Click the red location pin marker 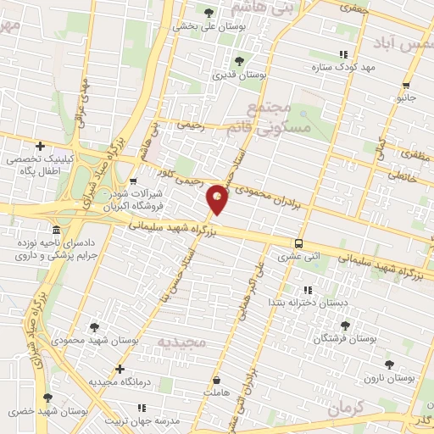pyautogui.click(x=219, y=198)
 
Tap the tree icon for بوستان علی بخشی pyautogui.click(x=209, y=12)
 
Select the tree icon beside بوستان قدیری pyautogui.click(x=239, y=60)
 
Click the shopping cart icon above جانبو pyautogui.click(x=408, y=85)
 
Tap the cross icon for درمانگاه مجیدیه pyautogui.click(x=120, y=369)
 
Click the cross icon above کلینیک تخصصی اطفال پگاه pyautogui.click(x=40, y=146)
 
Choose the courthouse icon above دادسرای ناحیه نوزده pyautogui.click(x=56, y=231)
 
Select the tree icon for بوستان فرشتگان pyautogui.click(x=344, y=325)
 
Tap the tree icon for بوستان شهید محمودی pyautogui.click(x=94, y=325)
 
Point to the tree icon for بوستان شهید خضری pyautogui.click(x=47, y=397)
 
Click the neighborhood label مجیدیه pyautogui.click(x=182, y=342)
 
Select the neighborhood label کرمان pyautogui.click(x=344, y=407)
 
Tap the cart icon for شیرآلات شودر pyautogui.click(x=133, y=181)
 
